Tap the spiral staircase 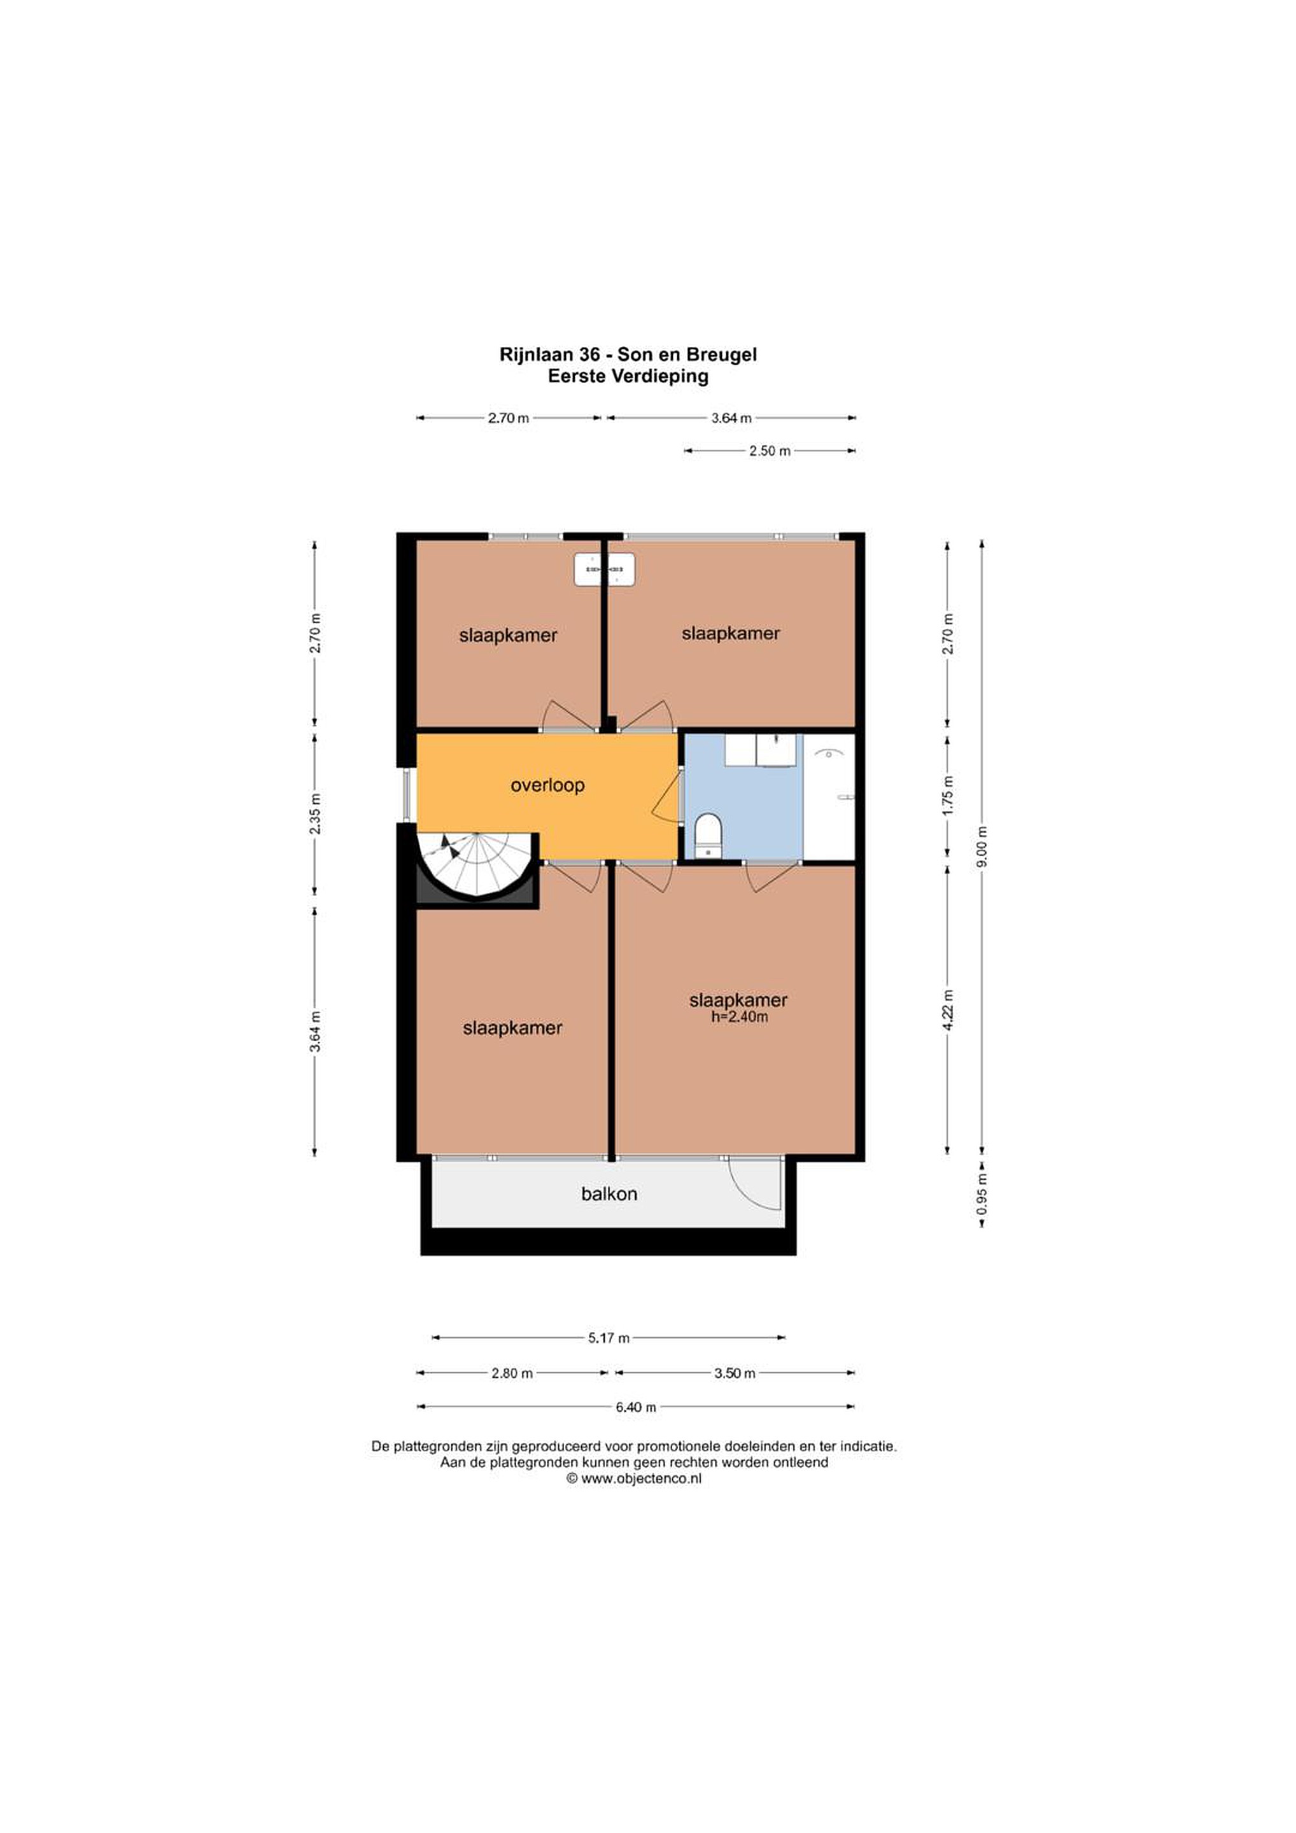(x=477, y=867)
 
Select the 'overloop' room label (x=548, y=785)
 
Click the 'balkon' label (x=609, y=1195)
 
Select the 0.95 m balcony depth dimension (x=983, y=1195)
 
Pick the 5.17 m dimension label (x=609, y=1338)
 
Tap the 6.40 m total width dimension (x=636, y=1407)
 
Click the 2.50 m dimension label (x=770, y=451)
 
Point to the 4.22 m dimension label (x=948, y=1011)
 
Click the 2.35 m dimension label (x=316, y=813)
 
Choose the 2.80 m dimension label (x=512, y=1373)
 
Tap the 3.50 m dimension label (x=735, y=1373)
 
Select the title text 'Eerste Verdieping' (x=628, y=376)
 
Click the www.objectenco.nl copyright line (x=634, y=1478)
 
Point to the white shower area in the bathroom (x=829, y=797)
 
